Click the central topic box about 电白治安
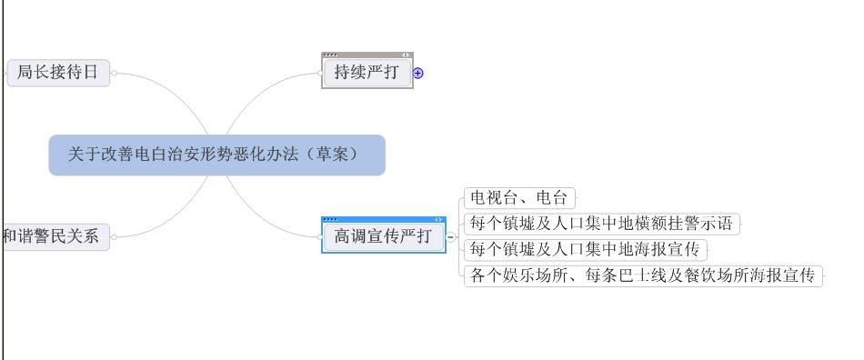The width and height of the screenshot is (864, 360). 217,155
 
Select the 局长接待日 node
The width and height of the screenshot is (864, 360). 58,73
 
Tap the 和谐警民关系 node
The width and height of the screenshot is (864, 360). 55,236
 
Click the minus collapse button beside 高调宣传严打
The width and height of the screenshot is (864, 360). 451,237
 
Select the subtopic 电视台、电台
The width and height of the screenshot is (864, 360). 519,197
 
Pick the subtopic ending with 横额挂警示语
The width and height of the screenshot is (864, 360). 602,224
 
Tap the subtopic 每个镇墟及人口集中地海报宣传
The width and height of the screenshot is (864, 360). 585,250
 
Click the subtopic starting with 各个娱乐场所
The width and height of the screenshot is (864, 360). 643,275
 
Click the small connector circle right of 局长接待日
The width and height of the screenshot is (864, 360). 114,74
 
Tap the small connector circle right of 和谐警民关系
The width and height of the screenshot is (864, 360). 114,237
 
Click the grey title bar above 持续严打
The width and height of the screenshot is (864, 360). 367,55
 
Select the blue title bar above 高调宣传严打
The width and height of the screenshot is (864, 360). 384,219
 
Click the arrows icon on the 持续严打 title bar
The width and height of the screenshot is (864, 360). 406,55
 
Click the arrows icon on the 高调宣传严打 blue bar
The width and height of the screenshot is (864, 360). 438,220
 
